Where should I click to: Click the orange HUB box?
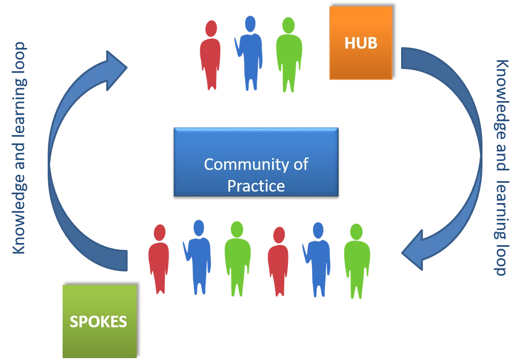tap(361, 43)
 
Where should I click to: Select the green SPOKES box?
tap(100, 321)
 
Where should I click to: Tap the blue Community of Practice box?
tap(256, 162)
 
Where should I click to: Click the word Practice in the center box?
tap(256, 185)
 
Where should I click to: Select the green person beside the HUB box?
tap(289, 55)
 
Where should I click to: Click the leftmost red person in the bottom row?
tap(158, 260)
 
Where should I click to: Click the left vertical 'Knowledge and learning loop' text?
tap(19, 148)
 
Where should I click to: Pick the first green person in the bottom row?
tap(237, 257)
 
